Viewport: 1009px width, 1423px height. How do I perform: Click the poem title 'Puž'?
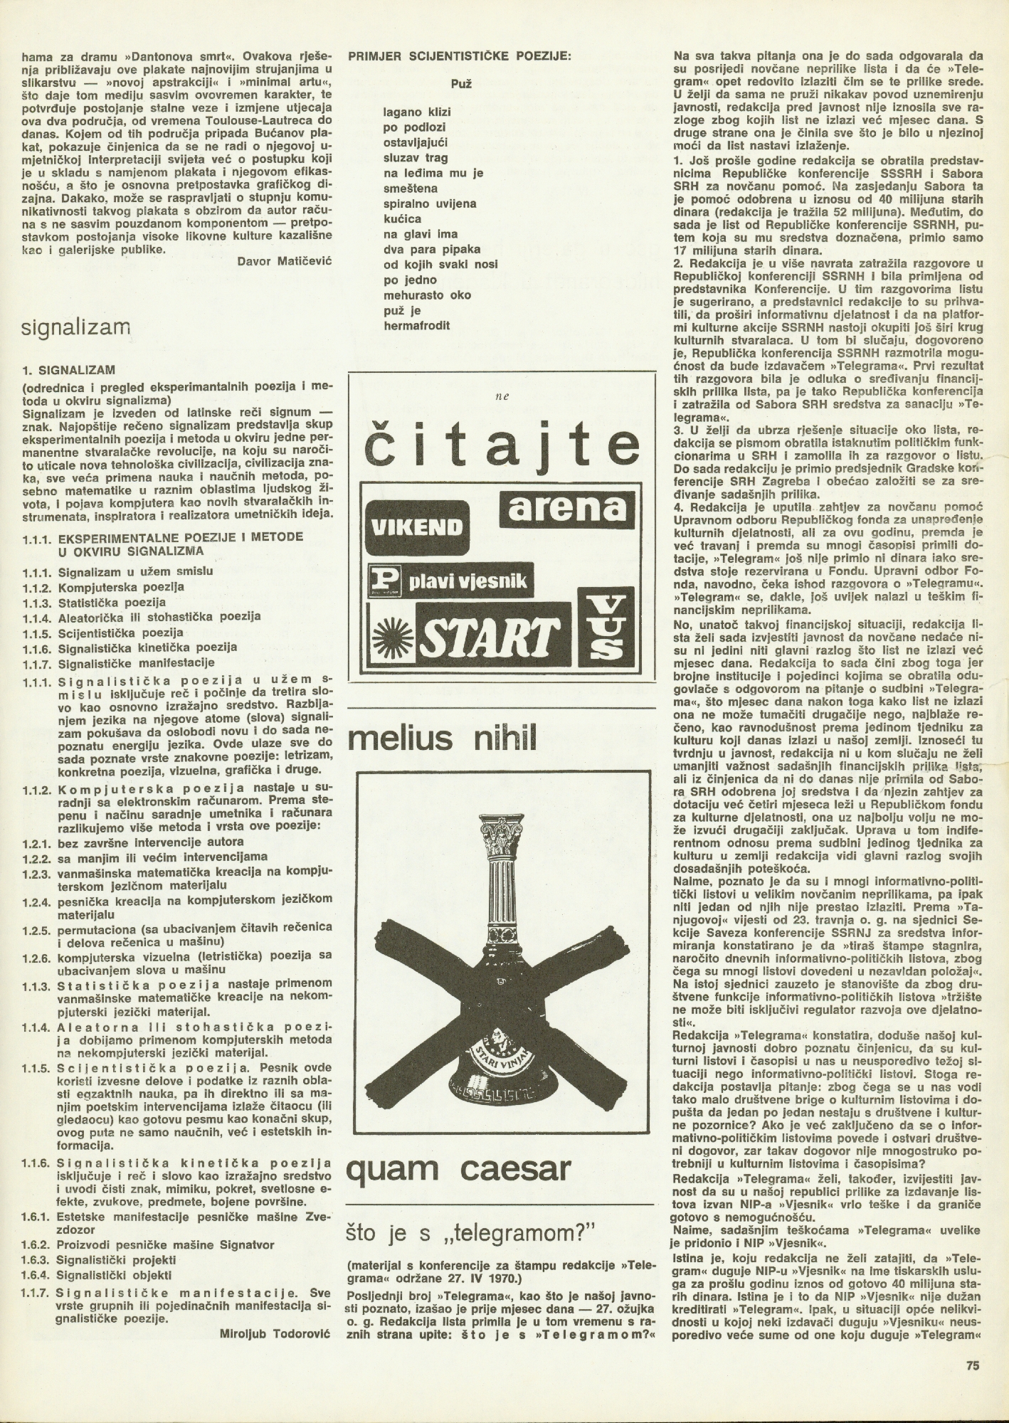pos(460,83)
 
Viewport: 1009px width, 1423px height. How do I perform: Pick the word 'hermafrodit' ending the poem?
pos(416,325)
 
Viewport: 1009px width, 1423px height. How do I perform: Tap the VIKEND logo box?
pos(413,527)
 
